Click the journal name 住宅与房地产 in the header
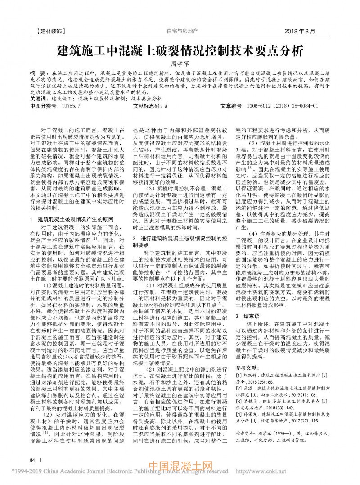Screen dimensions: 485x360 point(182,32)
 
